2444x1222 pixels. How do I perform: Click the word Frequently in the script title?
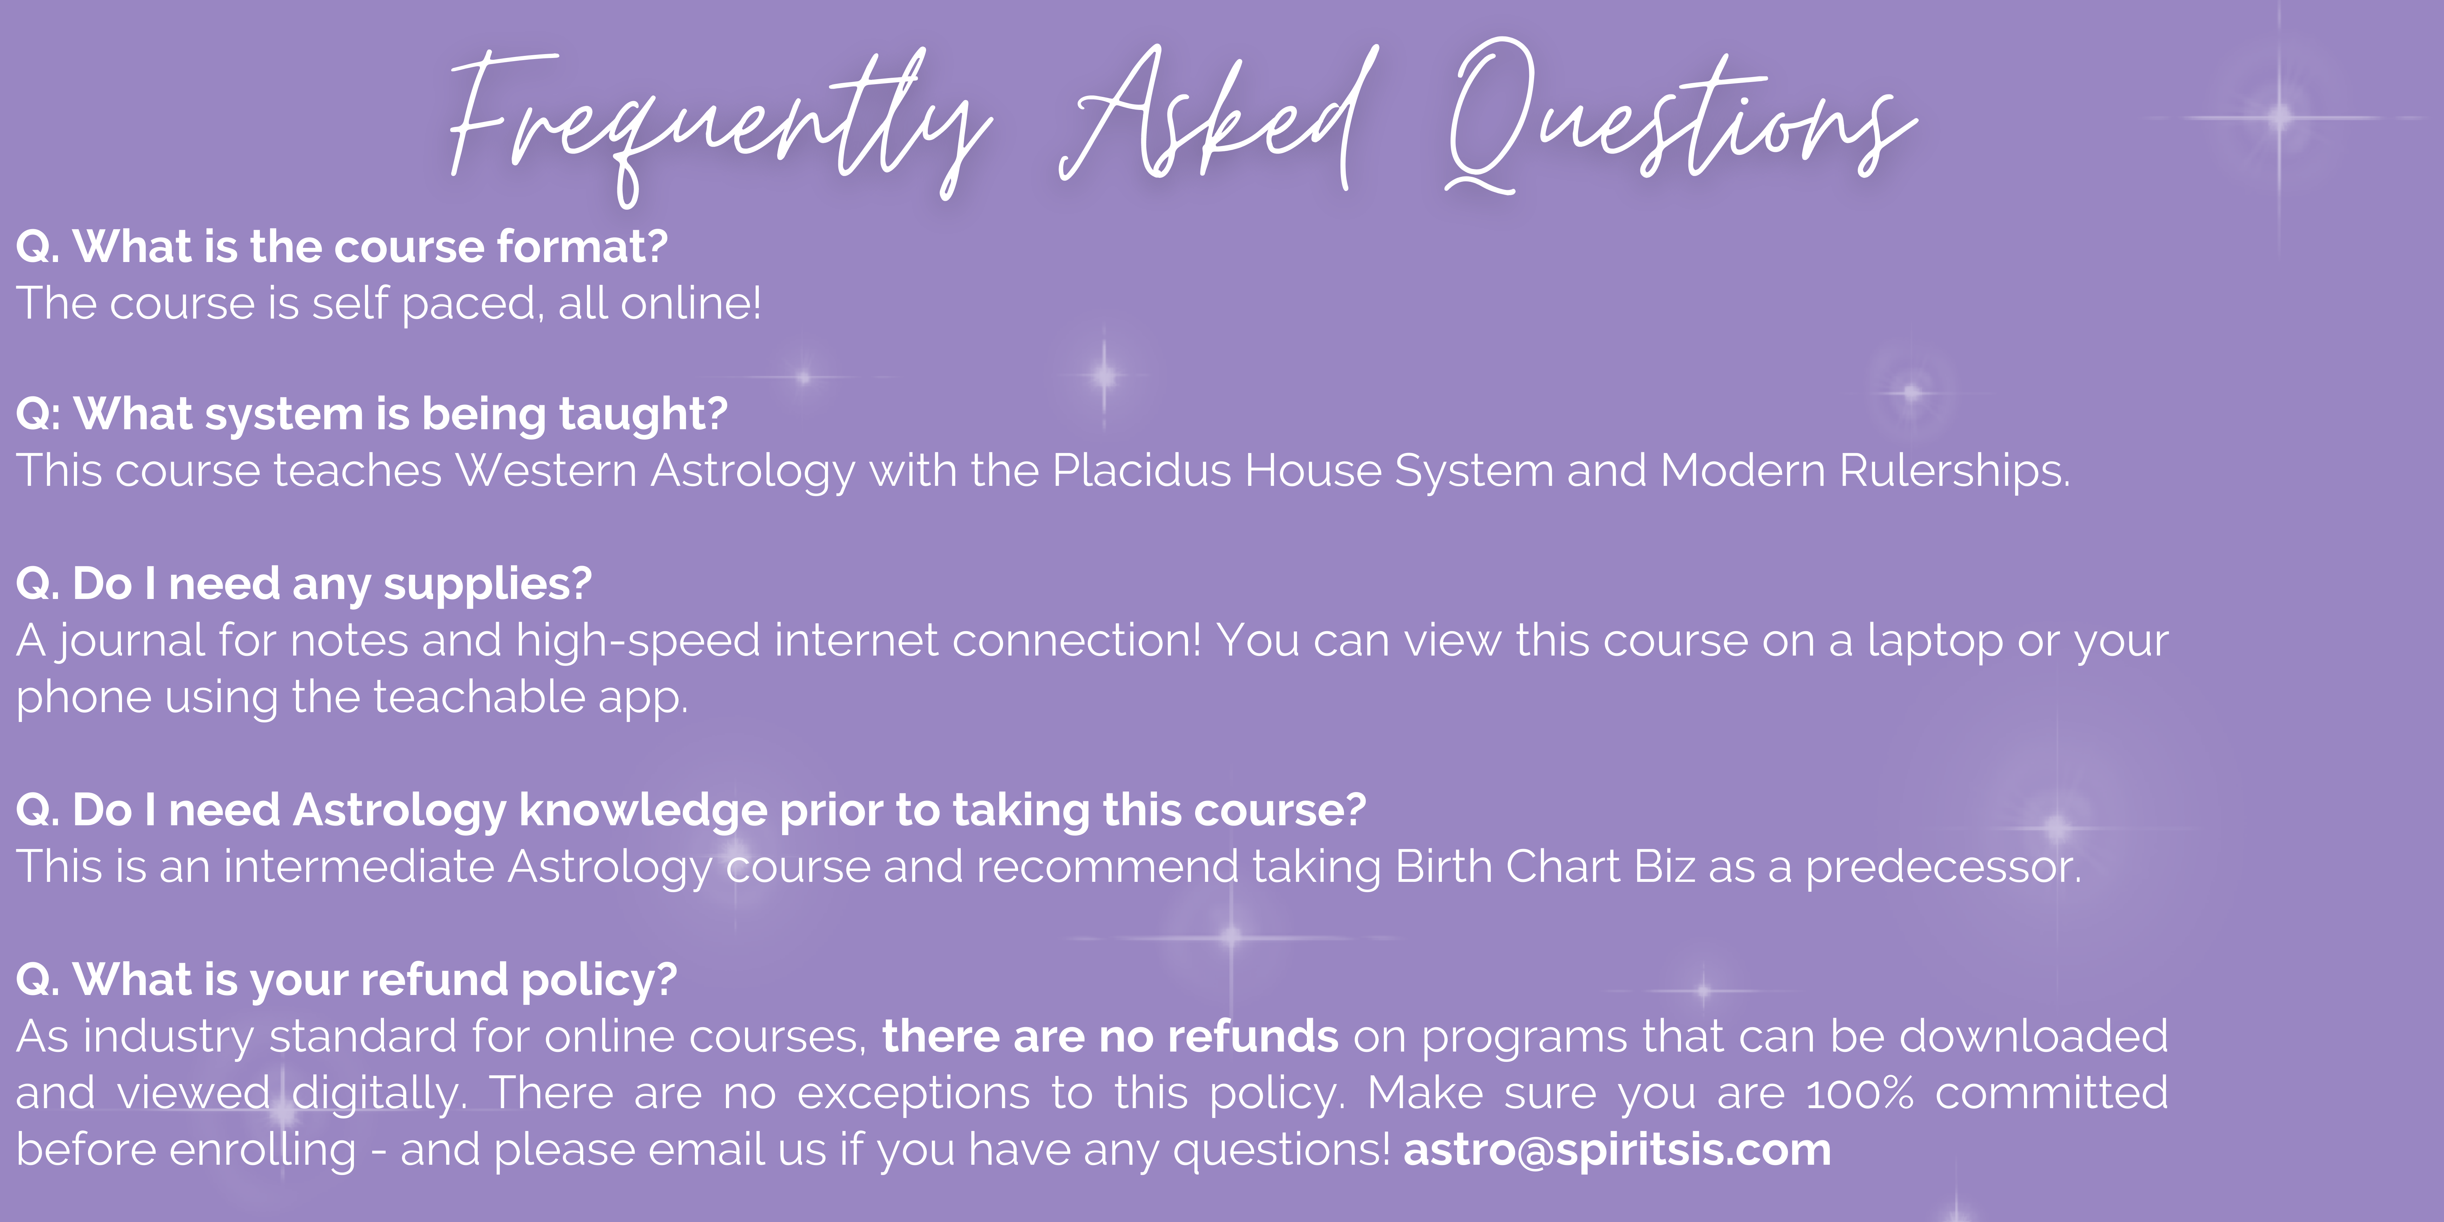[721, 123]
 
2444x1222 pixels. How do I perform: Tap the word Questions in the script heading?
[1679, 118]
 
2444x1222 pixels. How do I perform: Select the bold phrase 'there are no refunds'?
[1110, 1036]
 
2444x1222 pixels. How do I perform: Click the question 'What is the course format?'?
[370, 247]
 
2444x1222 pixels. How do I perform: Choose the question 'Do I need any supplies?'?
[332, 583]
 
